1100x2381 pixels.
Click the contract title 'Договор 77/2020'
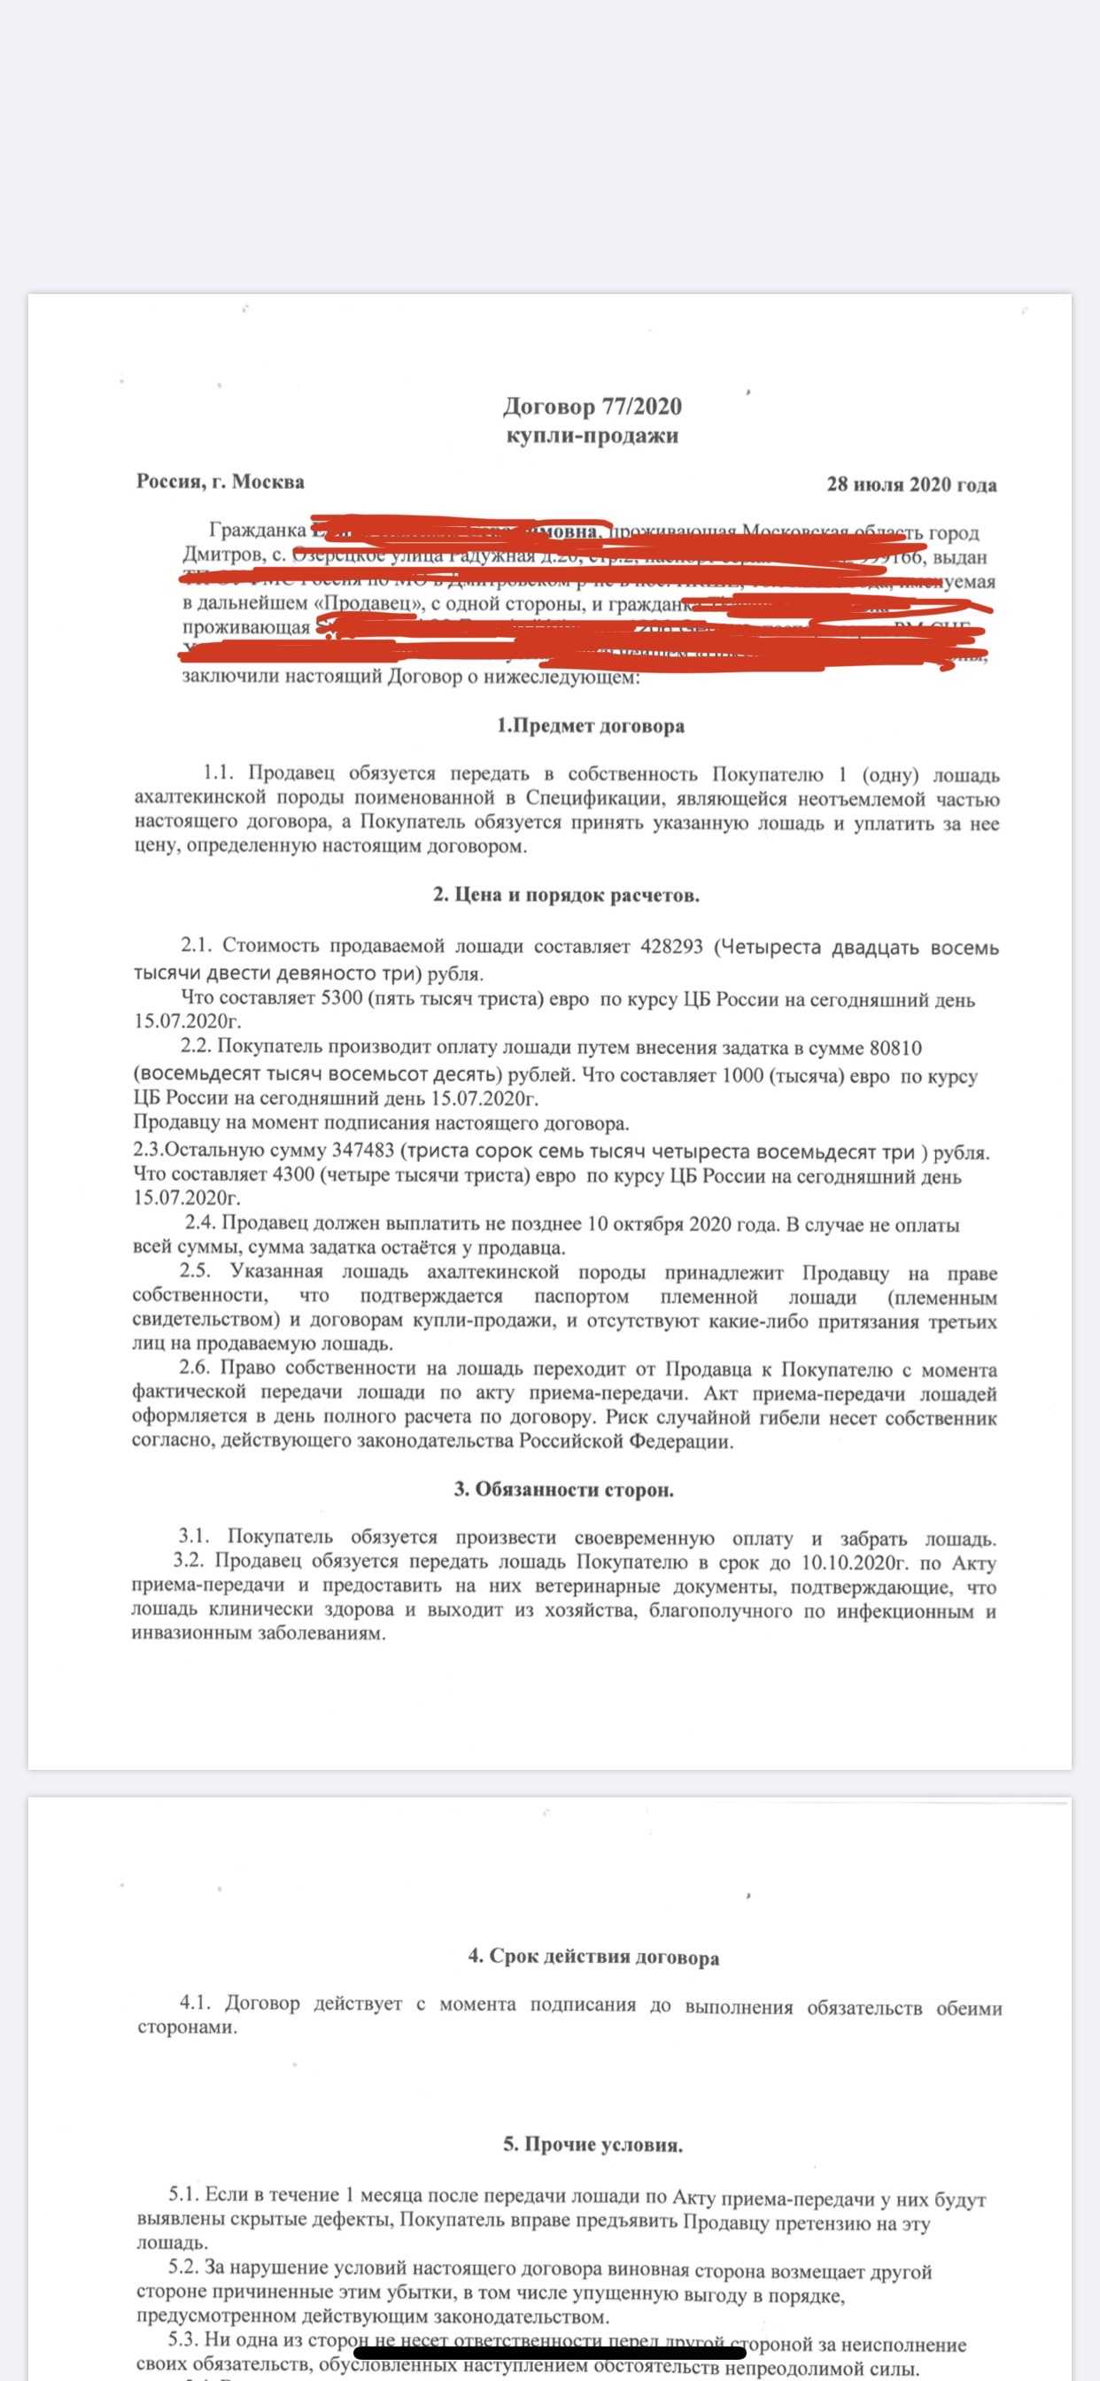(592, 407)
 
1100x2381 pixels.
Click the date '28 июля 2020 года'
(910, 485)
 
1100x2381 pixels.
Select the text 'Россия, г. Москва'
(220, 482)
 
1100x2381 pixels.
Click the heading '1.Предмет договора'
(591, 725)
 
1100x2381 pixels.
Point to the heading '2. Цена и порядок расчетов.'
(566, 895)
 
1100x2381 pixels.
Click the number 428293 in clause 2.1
(671, 947)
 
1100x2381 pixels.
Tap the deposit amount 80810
(895, 1048)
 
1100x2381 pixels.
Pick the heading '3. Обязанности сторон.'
(563, 1490)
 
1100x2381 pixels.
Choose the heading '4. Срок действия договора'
(593, 1956)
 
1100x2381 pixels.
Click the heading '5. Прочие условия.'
(593, 2144)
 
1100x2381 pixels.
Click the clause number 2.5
(195, 1273)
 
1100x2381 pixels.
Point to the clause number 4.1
(195, 2004)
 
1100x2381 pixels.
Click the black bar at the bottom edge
(550, 2353)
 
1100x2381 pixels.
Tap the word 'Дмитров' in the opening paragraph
(221, 556)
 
